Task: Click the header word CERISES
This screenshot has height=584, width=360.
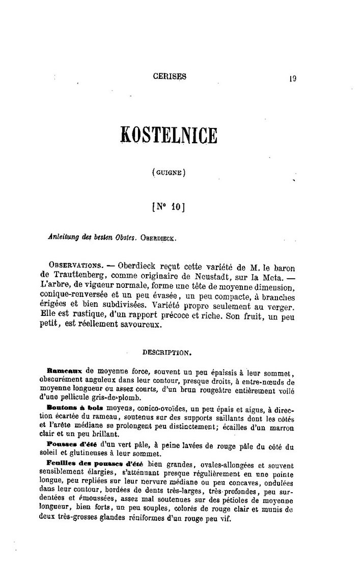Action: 170,76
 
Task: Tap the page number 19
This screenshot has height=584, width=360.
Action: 292,78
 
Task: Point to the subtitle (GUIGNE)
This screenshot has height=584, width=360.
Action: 169,173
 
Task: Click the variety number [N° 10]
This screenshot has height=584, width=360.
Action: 169,207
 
